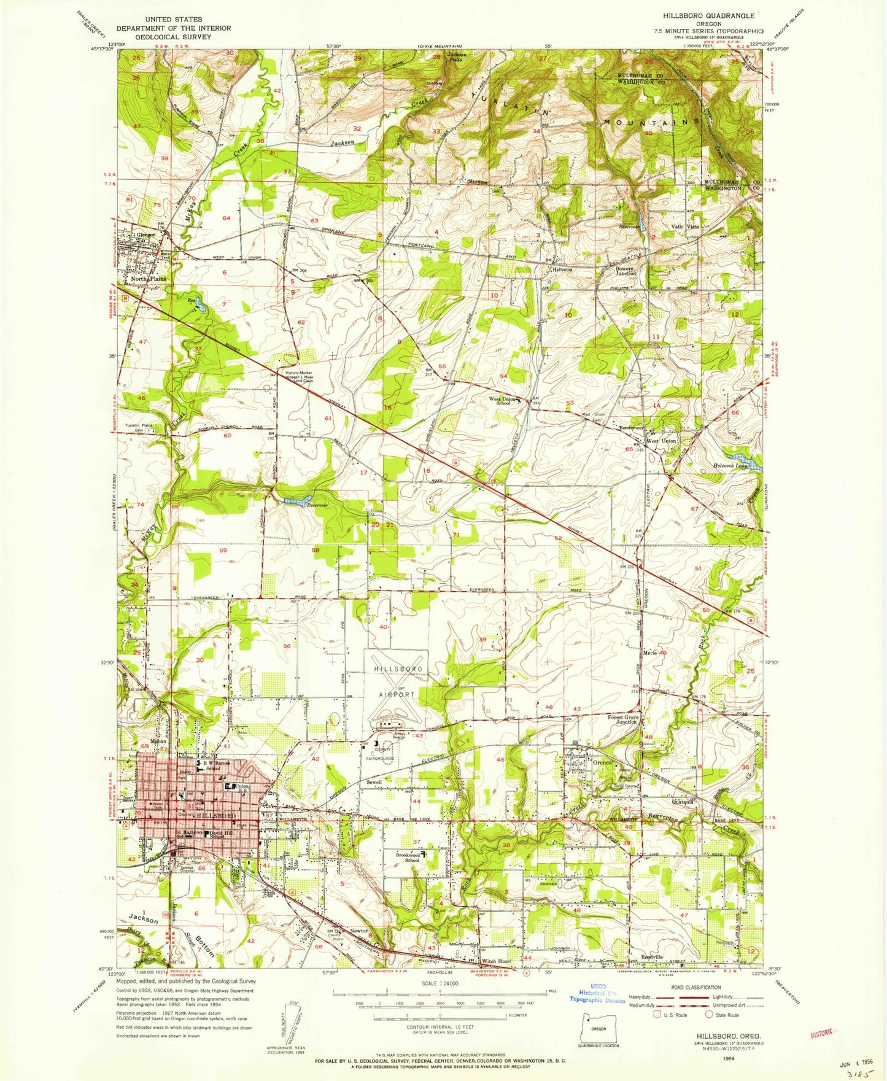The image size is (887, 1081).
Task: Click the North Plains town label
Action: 149,279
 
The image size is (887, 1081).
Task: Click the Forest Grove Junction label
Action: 622,719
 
